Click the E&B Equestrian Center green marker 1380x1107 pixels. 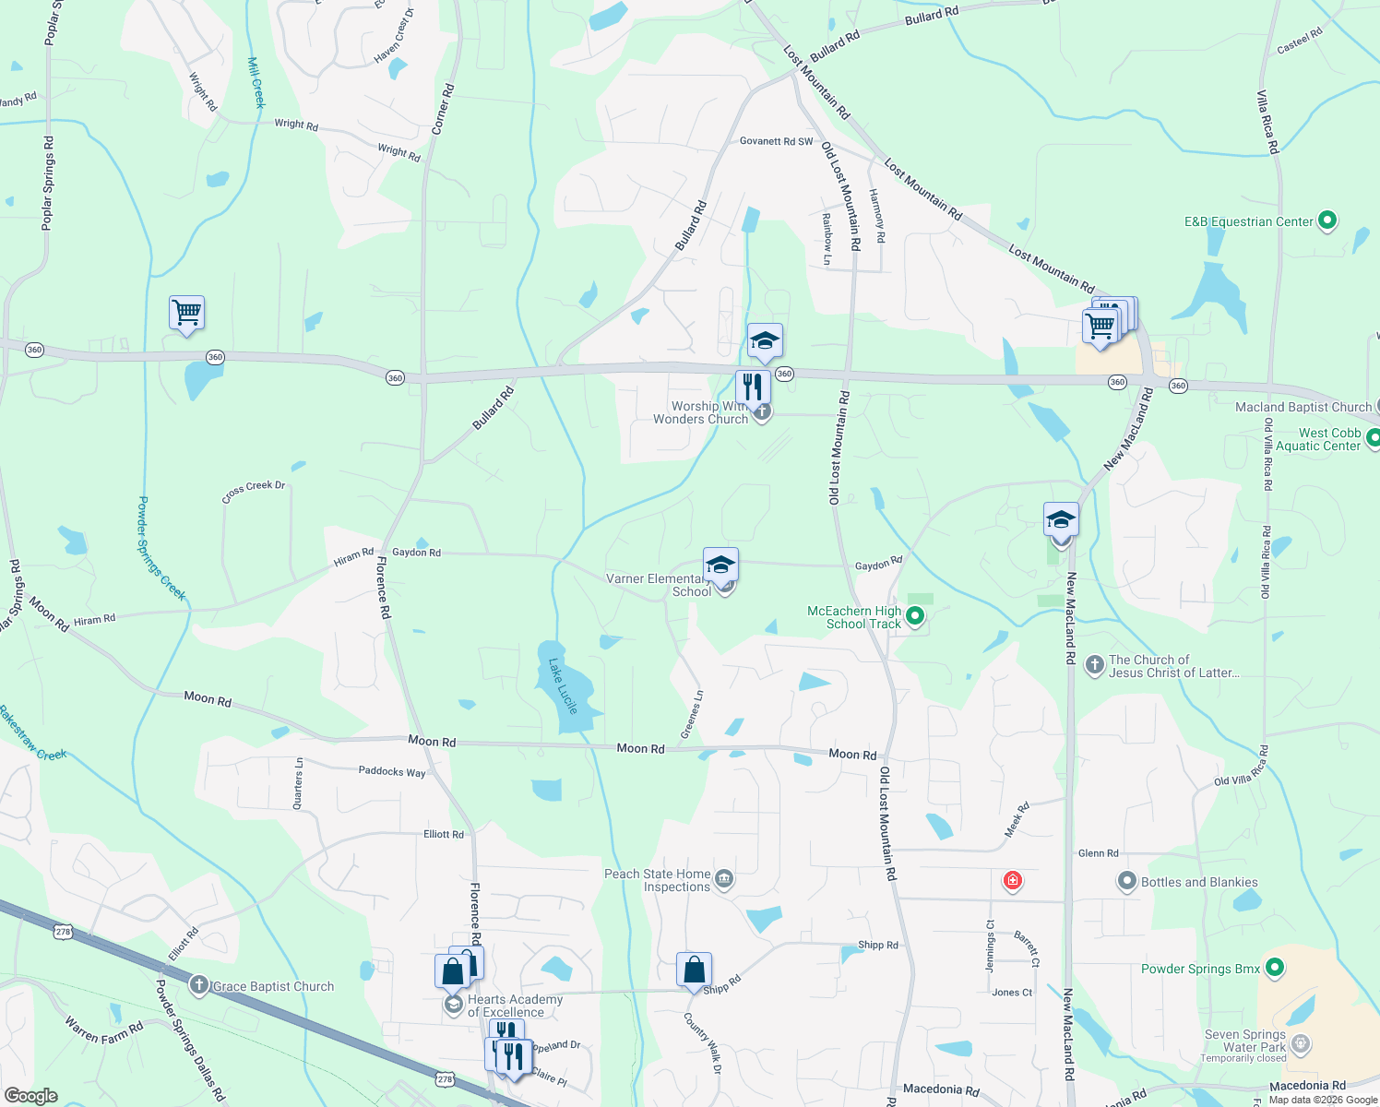1327,220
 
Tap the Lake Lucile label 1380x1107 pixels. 562,685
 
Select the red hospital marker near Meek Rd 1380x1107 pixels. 1013,881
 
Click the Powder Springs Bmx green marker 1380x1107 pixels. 1275,968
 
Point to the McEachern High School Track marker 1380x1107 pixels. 915,615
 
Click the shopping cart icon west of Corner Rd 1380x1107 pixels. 186,314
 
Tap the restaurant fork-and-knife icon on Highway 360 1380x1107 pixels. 753,387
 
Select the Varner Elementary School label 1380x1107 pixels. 654,585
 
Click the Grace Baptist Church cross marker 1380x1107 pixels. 198,985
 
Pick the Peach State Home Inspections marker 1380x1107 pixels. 724,879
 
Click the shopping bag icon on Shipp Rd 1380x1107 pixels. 694,970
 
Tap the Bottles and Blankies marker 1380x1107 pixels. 1126,881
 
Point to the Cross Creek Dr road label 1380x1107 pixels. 254,491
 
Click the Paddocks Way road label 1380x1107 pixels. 392,771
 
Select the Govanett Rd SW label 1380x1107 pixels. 777,141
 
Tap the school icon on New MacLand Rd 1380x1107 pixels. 1061,520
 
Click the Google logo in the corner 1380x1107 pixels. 30,1096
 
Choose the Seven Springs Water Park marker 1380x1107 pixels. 1301,1044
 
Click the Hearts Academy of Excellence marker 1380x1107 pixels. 453,1005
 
